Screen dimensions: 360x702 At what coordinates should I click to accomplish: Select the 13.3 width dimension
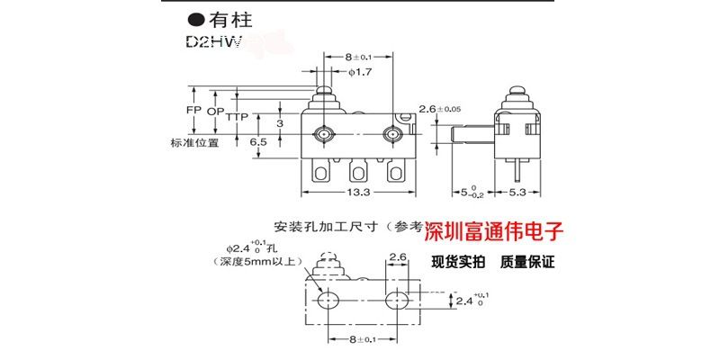(357, 192)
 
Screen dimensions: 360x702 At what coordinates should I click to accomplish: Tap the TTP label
(237, 117)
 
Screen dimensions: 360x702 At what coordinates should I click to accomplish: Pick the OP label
(214, 110)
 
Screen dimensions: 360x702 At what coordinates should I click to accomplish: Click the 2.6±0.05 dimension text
(463, 109)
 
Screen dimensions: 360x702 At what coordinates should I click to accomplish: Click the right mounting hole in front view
(391, 135)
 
